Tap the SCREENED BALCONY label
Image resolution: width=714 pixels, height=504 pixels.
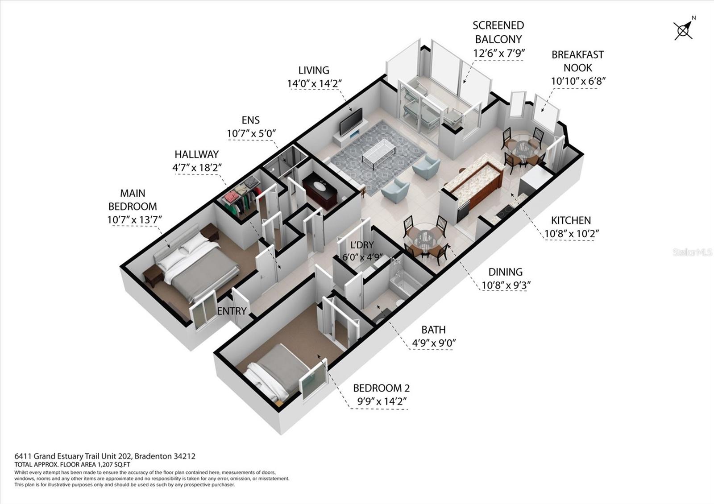click(498, 32)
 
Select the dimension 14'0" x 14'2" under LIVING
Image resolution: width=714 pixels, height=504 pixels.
click(314, 83)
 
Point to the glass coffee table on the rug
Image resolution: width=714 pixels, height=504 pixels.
click(379, 152)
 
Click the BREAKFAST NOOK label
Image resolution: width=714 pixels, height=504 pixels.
click(577, 61)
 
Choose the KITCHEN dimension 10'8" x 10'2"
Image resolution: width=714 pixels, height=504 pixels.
click(571, 234)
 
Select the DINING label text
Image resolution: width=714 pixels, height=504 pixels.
click(505, 272)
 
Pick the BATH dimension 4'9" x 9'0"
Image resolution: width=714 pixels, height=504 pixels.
click(433, 343)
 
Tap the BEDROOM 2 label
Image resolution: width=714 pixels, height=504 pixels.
click(381, 388)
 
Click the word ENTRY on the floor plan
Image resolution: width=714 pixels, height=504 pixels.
click(232, 311)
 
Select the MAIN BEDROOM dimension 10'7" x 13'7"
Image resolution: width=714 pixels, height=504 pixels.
click(134, 220)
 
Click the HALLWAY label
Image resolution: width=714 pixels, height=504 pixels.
click(196, 154)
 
